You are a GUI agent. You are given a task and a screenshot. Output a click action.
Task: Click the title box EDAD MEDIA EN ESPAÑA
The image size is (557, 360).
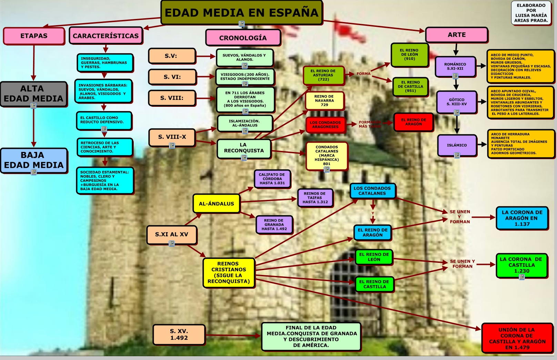(x=241, y=12)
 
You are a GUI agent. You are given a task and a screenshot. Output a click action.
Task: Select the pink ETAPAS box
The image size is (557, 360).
(x=34, y=36)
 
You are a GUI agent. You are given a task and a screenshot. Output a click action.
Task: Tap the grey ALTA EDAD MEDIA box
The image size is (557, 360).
(x=33, y=93)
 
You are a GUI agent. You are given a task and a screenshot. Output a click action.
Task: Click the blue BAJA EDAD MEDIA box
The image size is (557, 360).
(x=34, y=160)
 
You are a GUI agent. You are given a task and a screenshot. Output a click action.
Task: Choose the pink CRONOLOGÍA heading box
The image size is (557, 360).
(x=243, y=38)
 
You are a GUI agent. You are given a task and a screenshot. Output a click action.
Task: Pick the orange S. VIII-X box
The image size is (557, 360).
(x=172, y=137)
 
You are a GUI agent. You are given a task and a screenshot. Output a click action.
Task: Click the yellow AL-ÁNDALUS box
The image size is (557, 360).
(x=216, y=204)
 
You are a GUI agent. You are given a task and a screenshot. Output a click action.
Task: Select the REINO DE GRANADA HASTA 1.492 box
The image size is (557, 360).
(x=274, y=225)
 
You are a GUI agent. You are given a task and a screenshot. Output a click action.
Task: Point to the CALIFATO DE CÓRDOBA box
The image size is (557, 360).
(x=272, y=179)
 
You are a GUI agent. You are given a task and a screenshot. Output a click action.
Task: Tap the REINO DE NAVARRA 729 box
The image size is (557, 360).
(x=324, y=101)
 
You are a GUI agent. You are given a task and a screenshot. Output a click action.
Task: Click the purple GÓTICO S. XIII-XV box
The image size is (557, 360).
(x=456, y=102)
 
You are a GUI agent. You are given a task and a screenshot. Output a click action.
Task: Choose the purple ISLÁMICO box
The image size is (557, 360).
(x=457, y=145)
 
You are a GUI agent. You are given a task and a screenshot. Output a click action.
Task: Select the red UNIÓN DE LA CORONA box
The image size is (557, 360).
(x=517, y=338)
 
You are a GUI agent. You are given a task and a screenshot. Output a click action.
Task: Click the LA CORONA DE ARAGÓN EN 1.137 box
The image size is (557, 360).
(x=522, y=218)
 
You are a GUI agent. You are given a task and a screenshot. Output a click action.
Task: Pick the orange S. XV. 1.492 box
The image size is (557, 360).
(x=179, y=335)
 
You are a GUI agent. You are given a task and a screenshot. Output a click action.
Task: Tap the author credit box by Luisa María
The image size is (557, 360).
(x=531, y=13)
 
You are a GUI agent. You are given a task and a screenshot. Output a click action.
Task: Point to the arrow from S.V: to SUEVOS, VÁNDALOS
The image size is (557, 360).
(x=206, y=56)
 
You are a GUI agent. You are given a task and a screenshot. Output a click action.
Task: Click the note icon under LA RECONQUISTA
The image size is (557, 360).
(x=244, y=158)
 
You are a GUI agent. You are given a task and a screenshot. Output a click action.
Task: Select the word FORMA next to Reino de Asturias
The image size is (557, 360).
(x=363, y=74)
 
